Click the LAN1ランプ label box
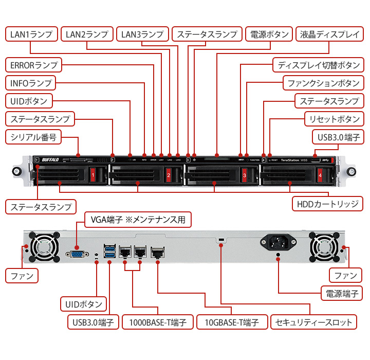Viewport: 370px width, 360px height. point(31,34)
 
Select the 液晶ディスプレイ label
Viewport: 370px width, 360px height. point(330,34)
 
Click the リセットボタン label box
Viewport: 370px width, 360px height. point(334,119)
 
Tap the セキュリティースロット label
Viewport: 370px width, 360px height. point(313,322)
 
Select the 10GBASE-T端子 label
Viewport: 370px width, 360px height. point(233,322)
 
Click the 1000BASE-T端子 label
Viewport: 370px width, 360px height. point(158,322)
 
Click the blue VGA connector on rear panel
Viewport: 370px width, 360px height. point(77,254)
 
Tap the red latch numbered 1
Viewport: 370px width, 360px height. point(92,175)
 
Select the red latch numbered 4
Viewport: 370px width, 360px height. point(320,175)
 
